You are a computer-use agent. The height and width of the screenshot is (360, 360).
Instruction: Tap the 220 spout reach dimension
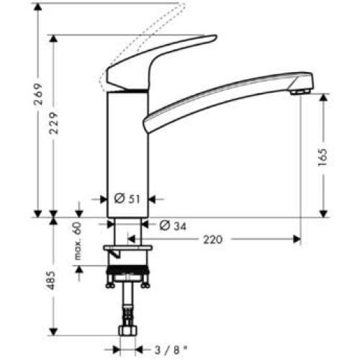(212, 239)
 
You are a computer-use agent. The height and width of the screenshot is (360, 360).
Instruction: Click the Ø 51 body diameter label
(128, 199)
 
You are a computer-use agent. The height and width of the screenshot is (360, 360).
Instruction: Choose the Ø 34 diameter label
(171, 225)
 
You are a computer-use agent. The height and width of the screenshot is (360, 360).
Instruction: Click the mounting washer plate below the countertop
(129, 251)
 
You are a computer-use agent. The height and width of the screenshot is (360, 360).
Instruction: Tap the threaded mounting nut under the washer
(129, 274)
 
